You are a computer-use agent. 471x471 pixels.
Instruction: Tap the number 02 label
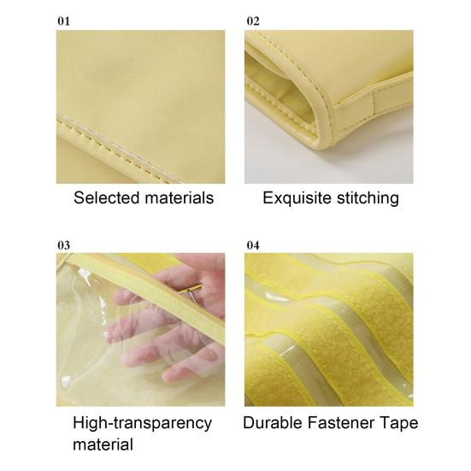pyautogui.click(x=253, y=20)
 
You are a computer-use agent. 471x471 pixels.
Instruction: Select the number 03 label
pyautogui.click(x=63, y=245)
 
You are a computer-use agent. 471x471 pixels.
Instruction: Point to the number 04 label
pyautogui.click(x=253, y=245)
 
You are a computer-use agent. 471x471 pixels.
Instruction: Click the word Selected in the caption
pyautogui.click(x=107, y=198)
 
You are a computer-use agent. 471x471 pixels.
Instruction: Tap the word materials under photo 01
pyautogui.click(x=179, y=198)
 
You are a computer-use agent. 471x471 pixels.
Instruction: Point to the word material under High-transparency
pyautogui.click(x=103, y=445)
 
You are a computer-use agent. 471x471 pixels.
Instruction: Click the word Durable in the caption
pyautogui.click(x=273, y=423)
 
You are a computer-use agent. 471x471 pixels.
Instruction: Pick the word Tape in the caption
pyautogui.click(x=400, y=423)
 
